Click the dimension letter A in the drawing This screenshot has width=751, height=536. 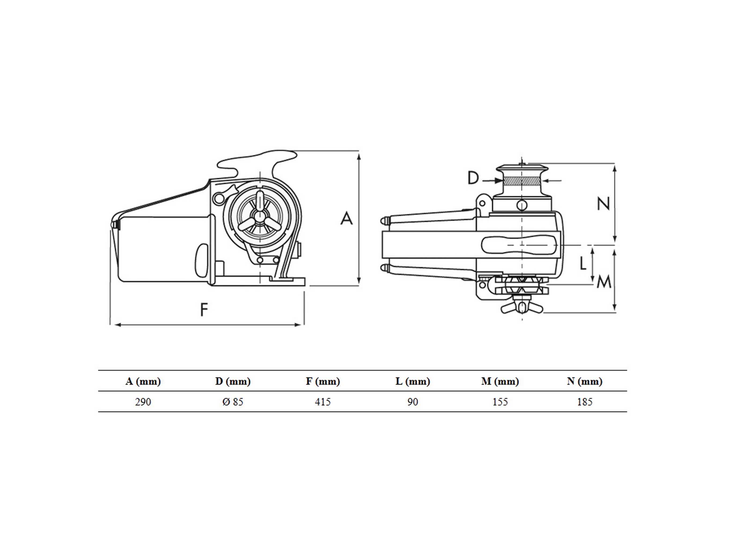(x=347, y=219)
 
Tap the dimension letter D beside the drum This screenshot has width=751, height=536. (x=473, y=178)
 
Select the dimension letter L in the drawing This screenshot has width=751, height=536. (x=583, y=263)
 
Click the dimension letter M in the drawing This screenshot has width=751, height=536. (x=604, y=282)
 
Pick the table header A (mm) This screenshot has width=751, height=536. (x=143, y=382)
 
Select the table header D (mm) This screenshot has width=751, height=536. (x=233, y=382)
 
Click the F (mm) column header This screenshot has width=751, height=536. (x=323, y=382)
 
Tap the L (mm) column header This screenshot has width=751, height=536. (x=413, y=382)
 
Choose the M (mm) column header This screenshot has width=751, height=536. (x=500, y=382)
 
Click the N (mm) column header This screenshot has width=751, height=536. (x=584, y=382)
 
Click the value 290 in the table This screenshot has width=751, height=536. (x=143, y=402)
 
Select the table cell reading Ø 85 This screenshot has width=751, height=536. (x=233, y=402)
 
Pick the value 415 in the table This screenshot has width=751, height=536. (x=323, y=402)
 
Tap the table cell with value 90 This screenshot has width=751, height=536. (x=413, y=402)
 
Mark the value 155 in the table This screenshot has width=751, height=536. (x=500, y=402)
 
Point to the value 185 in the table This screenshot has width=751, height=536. (x=584, y=402)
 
